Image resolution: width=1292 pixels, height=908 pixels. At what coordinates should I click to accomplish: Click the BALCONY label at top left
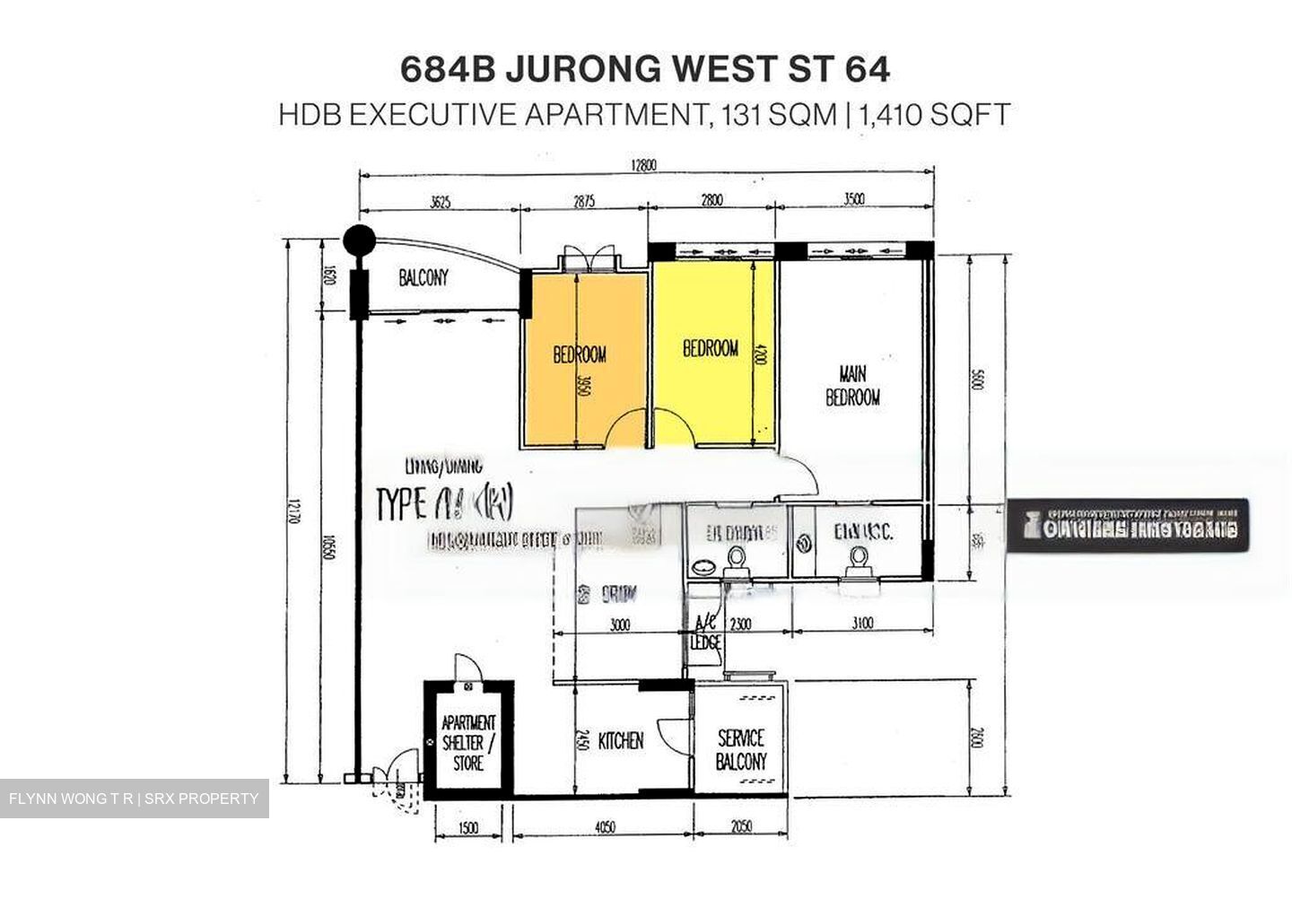[x=423, y=278]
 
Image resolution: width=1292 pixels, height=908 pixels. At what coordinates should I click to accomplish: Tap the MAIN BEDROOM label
[x=852, y=385]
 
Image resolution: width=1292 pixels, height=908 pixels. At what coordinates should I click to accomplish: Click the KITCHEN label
[x=621, y=741]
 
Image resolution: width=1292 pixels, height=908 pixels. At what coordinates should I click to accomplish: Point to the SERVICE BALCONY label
[x=741, y=750]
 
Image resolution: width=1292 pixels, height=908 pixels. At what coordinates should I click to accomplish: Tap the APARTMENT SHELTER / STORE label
[x=468, y=743]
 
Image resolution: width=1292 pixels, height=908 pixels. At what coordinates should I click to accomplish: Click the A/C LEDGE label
[x=706, y=633]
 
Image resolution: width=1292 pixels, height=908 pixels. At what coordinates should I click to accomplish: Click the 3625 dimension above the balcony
[x=440, y=202]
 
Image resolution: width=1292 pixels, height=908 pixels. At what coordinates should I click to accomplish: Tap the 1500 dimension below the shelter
[x=468, y=827]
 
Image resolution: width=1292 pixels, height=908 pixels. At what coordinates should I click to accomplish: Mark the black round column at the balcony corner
[x=360, y=240]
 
